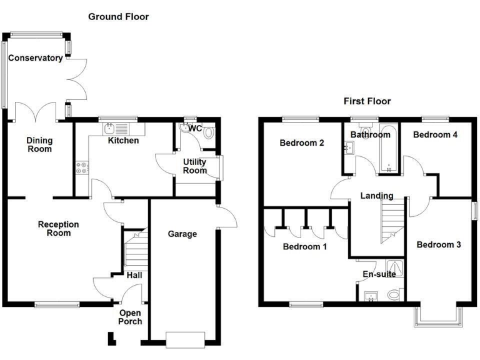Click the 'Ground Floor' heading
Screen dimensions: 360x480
(118, 17)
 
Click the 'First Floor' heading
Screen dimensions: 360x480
(367, 101)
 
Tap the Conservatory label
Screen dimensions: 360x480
(36, 58)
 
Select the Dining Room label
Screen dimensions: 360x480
(39, 144)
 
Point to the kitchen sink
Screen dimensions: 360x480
(117, 129)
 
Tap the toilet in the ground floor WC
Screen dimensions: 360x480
(208, 132)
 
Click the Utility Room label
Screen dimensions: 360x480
(194, 166)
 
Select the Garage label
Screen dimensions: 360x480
(182, 234)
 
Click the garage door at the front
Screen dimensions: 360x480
(186, 339)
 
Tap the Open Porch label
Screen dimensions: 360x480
(131, 317)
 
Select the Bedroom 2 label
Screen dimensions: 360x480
(301, 142)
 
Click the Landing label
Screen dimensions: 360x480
(377, 195)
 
